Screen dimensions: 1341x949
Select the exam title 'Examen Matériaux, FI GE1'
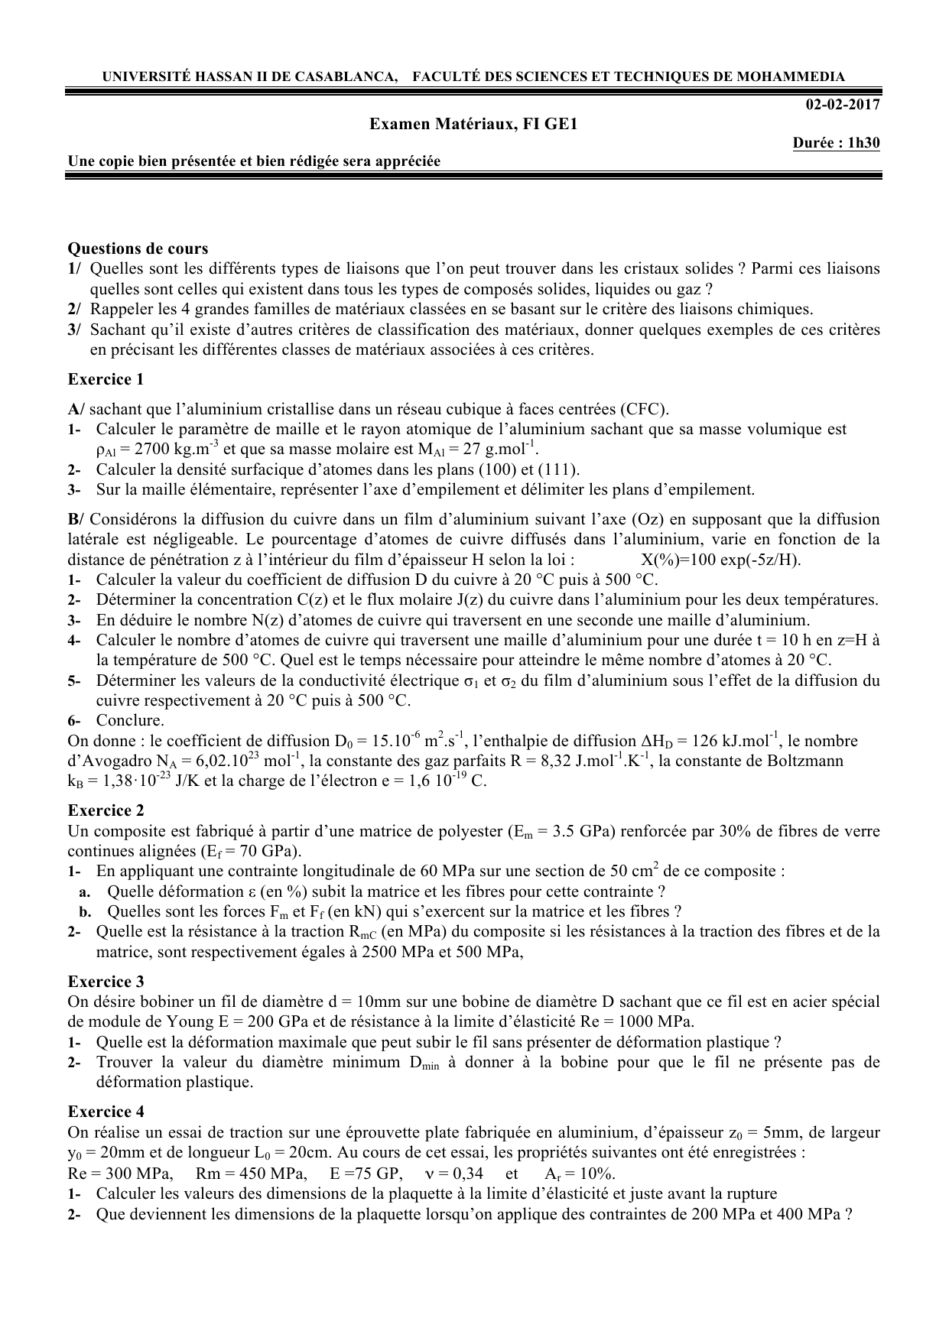pos(473,124)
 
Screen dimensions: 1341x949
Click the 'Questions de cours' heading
pos(138,248)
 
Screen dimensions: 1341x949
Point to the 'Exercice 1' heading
pos(106,379)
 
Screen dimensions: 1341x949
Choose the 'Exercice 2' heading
pos(106,810)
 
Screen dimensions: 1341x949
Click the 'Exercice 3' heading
pos(106,982)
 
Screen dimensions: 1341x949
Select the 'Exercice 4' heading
pos(106,1112)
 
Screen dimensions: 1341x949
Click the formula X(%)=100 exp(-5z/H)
pos(720,560)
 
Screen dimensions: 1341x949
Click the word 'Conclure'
pos(129,720)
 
